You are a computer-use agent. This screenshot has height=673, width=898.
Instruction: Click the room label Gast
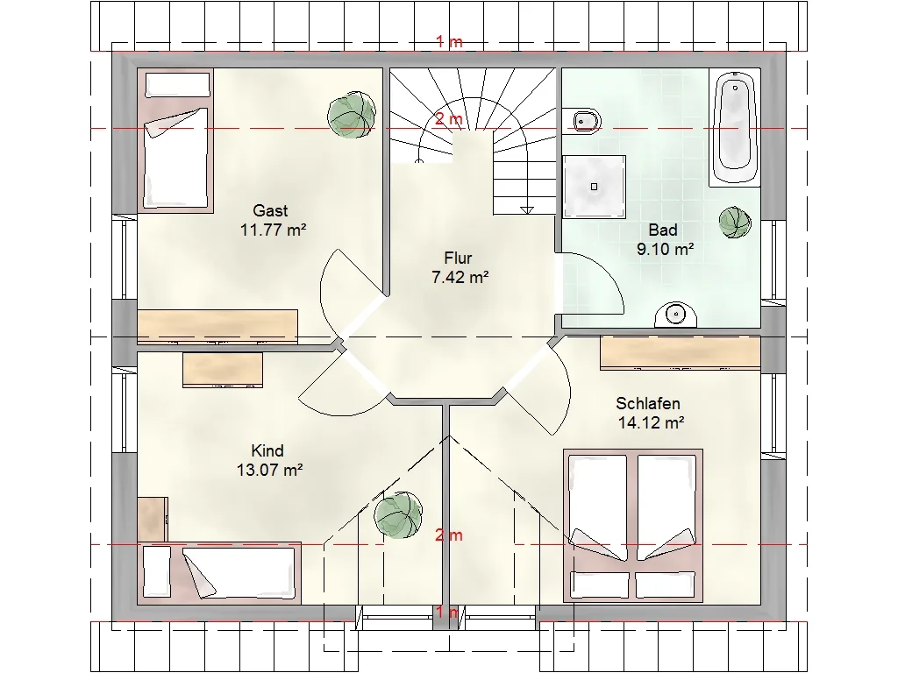tap(270, 210)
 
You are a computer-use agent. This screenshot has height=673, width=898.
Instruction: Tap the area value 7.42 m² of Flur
tap(460, 278)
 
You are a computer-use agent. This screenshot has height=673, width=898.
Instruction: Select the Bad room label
tap(663, 230)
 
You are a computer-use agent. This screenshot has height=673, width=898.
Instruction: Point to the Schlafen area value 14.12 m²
tap(652, 423)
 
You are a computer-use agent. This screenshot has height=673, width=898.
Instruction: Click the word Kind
tap(267, 451)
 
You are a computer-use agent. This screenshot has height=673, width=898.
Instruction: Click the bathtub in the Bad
tap(735, 127)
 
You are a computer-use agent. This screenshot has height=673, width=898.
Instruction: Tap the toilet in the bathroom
tap(582, 121)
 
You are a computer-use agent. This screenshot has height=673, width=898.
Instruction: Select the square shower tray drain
tap(594, 187)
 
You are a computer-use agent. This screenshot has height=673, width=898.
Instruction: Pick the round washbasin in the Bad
tap(676, 315)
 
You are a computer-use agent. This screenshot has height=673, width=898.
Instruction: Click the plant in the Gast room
tap(352, 115)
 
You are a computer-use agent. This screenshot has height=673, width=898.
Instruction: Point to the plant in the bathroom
tap(736, 223)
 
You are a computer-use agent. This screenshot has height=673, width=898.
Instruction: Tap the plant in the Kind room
tap(398, 514)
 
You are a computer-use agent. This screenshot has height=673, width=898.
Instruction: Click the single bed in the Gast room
tap(175, 141)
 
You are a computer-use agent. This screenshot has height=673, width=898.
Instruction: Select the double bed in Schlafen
tap(633, 526)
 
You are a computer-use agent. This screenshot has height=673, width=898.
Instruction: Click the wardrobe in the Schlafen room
tap(681, 353)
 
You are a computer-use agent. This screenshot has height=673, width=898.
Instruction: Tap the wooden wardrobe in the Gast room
tap(217, 327)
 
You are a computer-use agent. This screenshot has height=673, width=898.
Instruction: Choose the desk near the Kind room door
tap(223, 370)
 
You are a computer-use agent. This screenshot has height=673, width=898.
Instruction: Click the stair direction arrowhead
tap(527, 210)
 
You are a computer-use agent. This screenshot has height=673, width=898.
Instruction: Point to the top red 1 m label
tap(449, 41)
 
